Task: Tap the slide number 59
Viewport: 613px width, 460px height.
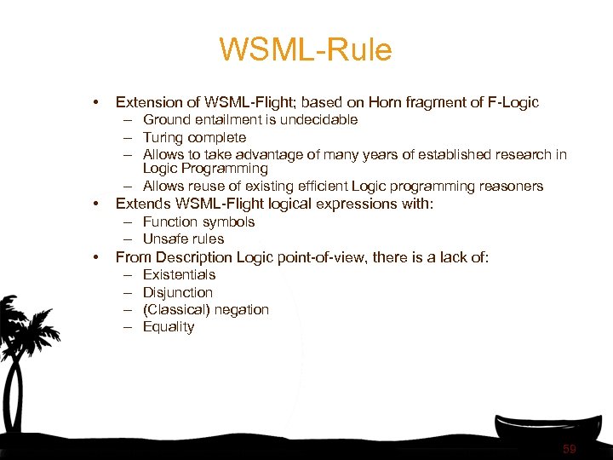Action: pyautogui.click(x=570, y=449)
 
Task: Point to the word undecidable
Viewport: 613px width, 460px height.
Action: pyautogui.click(x=316, y=120)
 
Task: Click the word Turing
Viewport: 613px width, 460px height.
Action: pyautogui.click(x=163, y=137)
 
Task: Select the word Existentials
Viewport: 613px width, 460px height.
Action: pyautogui.click(x=179, y=274)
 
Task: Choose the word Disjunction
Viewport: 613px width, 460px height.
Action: pyautogui.click(x=177, y=292)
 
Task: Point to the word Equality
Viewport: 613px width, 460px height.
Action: pyautogui.click(x=169, y=327)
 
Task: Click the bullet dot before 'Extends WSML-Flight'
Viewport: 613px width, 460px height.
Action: pyautogui.click(x=98, y=204)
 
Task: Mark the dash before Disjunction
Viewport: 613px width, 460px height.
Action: pyautogui.click(x=127, y=292)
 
